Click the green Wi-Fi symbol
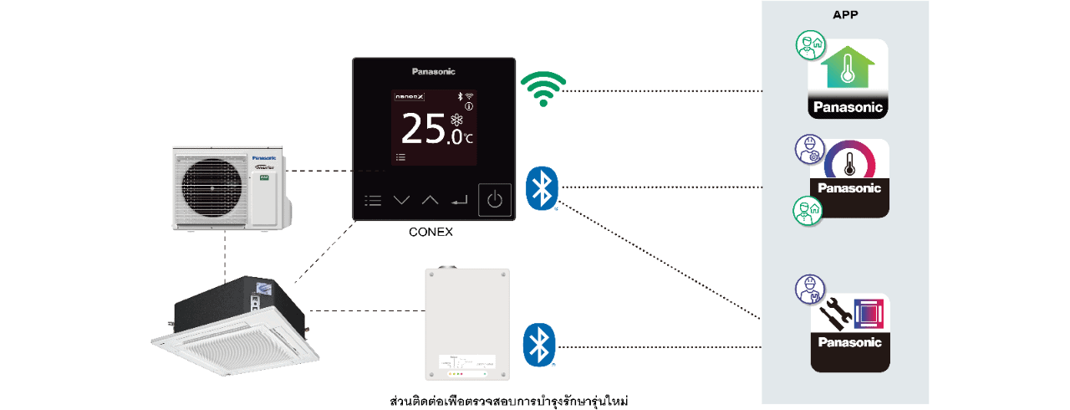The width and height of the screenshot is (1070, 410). [543, 89]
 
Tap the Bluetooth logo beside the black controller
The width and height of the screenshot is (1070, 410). [542, 187]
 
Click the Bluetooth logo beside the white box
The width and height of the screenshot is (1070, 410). [539, 344]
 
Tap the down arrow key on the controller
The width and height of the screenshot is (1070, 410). [402, 201]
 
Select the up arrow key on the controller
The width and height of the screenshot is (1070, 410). [430, 201]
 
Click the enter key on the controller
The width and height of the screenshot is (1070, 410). [458, 201]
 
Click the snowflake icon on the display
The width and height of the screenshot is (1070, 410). [457, 120]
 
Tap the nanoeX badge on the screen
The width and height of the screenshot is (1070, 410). [409, 97]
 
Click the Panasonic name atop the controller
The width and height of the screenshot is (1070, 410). [434, 72]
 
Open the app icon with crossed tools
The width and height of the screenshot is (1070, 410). [850, 332]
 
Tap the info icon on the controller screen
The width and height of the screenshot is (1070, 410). [469, 106]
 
